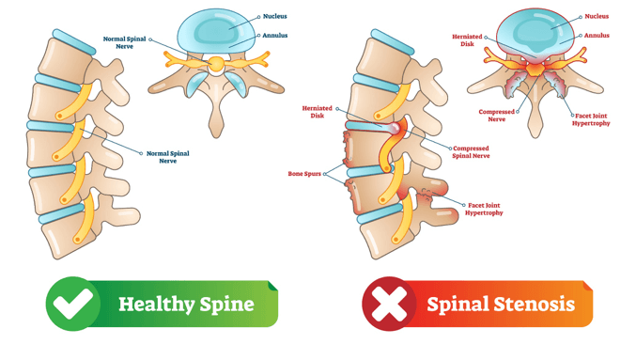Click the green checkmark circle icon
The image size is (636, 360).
click(x=72, y=304)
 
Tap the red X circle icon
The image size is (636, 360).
click(x=389, y=304)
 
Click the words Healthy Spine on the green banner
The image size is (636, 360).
click(x=186, y=305)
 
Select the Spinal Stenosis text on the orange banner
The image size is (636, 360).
click(x=500, y=305)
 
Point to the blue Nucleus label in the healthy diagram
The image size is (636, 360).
click(x=275, y=17)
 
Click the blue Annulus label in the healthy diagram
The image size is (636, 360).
click(x=275, y=36)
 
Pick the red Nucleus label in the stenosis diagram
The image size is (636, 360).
click(x=597, y=17)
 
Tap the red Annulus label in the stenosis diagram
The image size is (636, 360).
click(x=597, y=36)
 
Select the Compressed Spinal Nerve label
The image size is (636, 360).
click(x=471, y=152)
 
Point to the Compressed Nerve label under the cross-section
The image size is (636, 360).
click(x=497, y=116)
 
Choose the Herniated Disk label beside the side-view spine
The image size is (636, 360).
click(x=318, y=112)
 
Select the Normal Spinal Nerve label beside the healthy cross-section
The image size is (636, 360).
click(x=126, y=43)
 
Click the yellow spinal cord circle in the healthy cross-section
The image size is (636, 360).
click(x=217, y=64)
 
